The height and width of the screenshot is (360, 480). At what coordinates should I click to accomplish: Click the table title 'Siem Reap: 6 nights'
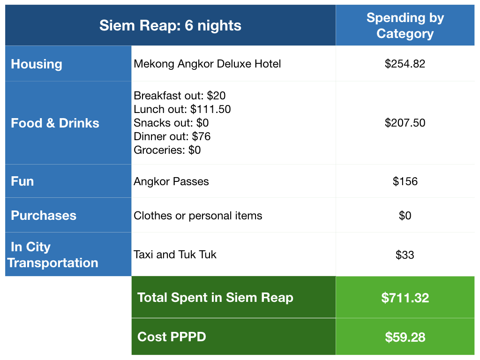click(x=170, y=25)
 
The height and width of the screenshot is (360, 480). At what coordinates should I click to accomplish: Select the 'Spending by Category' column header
click(x=405, y=26)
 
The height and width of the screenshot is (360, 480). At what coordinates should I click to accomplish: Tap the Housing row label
click(x=37, y=64)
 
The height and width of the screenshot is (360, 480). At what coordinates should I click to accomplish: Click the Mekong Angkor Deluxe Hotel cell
click(x=207, y=64)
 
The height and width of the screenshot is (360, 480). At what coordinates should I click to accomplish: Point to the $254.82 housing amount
click(x=405, y=64)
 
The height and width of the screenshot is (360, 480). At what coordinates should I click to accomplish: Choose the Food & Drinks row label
click(x=55, y=123)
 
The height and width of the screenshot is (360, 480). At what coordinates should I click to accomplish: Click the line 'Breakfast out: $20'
click(x=180, y=96)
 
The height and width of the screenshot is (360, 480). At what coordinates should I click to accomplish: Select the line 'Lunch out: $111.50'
click(x=182, y=109)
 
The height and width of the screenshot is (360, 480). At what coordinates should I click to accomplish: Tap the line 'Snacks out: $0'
click(x=171, y=123)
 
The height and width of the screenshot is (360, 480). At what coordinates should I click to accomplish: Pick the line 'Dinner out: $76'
click(x=172, y=136)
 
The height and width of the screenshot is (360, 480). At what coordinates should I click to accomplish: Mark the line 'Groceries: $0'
click(x=167, y=150)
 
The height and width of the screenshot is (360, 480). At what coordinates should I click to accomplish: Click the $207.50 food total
click(x=405, y=123)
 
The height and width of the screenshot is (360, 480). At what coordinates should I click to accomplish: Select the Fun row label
click(x=22, y=181)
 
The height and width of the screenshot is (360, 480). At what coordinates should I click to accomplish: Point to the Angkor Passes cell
click(x=171, y=181)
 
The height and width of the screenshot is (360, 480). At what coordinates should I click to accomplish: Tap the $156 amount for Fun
click(x=405, y=181)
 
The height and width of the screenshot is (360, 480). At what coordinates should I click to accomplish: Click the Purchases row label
click(x=44, y=216)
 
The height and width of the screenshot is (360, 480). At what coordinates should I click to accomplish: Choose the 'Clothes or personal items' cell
click(x=198, y=216)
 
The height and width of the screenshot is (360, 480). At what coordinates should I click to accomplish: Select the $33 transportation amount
click(x=405, y=255)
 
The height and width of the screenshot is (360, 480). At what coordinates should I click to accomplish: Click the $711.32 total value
click(x=405, y=298)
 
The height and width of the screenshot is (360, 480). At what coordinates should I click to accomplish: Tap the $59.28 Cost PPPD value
click(x=405, y=337)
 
